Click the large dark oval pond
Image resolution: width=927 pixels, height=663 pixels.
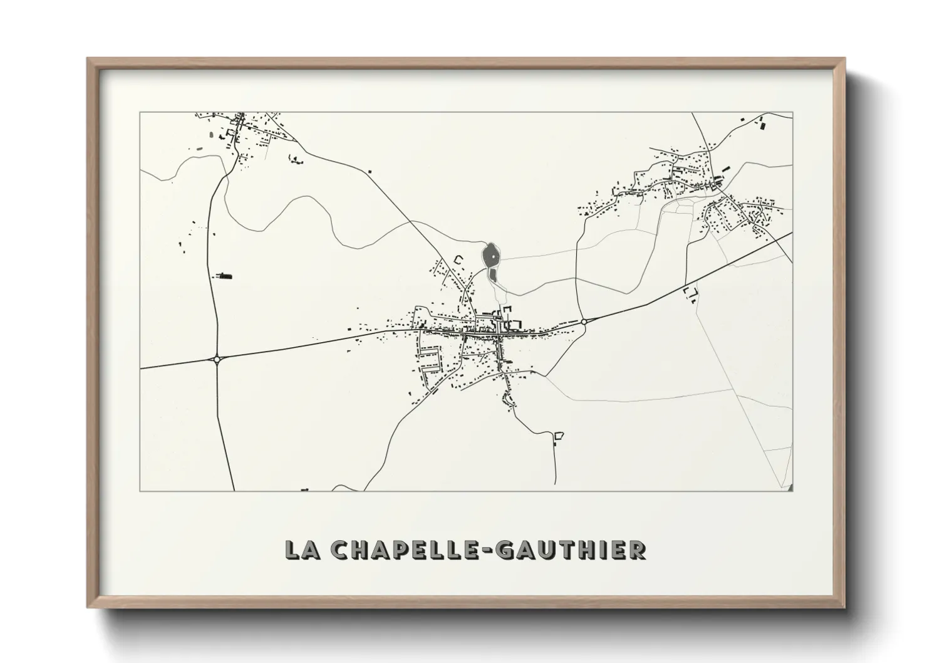tap(490, 255)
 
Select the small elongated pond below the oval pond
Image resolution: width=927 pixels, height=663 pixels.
tap(492, 274)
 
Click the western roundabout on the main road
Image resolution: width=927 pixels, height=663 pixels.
tap(217, 359)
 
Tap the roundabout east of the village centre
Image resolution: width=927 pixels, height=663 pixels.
tap(583, 321)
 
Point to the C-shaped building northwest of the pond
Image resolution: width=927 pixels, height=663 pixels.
tap(458, 258)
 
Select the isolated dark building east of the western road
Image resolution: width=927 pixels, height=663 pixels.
tap(224, 275)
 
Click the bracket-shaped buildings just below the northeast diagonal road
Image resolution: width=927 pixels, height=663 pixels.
tap(691, 292)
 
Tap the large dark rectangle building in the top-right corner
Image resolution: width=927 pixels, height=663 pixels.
tap(762, 125)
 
